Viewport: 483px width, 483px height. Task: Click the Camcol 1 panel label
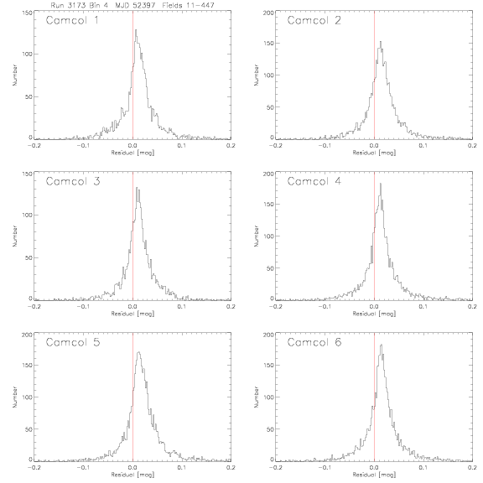72,20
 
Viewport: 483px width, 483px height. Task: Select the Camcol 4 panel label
314,181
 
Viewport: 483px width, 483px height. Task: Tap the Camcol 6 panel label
314,342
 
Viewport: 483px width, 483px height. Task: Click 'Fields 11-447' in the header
188,5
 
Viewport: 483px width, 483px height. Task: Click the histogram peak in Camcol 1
136,30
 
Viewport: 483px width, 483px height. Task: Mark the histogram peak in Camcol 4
381,184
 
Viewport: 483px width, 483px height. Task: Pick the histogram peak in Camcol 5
139,352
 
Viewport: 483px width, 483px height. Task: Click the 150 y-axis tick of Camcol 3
27,174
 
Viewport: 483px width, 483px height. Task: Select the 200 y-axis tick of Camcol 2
268,13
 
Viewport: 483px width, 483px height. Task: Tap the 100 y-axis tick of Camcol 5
27,397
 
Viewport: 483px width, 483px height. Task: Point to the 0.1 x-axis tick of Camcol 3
182,307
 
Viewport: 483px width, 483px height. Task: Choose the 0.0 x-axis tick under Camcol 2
374,145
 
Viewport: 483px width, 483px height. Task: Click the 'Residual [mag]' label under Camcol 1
132,153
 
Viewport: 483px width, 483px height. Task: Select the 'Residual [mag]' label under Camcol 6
374,475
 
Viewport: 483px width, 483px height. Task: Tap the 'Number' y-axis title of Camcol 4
257,236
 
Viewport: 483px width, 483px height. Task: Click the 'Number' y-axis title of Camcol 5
15,397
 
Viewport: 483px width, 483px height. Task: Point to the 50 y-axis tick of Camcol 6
270,429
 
